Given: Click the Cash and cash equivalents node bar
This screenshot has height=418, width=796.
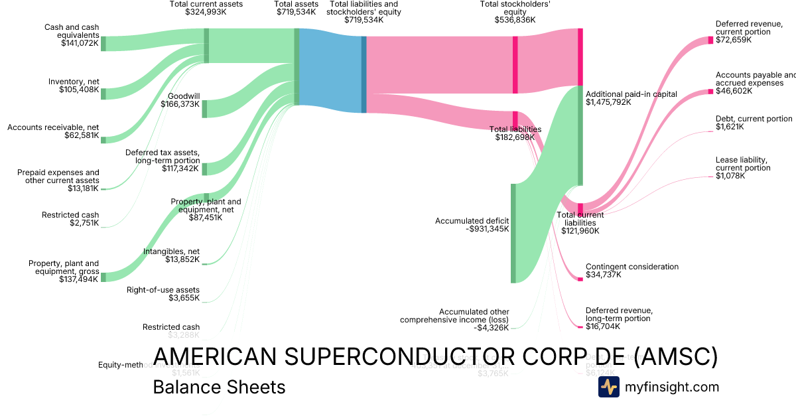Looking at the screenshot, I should point(103,44).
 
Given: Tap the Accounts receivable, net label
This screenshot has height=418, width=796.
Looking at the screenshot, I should point(53,127).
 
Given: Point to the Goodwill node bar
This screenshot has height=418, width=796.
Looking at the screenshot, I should point(204,109).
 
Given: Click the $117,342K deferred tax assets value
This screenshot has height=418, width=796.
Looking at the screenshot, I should point(180,169).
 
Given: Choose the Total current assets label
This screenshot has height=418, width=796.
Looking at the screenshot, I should point(206,4).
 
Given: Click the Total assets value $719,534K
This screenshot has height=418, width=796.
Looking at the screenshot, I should point(296,12).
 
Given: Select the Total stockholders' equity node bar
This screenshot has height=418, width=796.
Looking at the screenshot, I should point(515,64).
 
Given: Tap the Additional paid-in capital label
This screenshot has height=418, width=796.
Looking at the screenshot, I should point(631,94).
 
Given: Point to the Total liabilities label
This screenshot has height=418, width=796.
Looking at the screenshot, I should point(515,129).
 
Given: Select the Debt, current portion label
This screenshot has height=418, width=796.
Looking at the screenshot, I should point(754,119).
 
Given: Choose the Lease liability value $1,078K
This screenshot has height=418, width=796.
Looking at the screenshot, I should point(730,176).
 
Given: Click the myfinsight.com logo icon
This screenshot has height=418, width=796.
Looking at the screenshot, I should point(608,387).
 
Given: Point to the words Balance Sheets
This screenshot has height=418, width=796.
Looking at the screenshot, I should point(219,387).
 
